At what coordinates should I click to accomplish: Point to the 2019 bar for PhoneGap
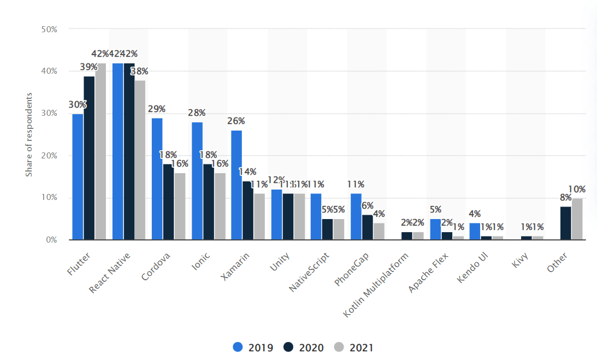click(356, 216)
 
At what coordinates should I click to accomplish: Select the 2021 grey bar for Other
click(577, 219)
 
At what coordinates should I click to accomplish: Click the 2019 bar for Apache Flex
click(435, 229)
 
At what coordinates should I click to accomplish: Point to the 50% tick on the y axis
click(49, 29)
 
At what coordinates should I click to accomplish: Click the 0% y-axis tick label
click(51, 240)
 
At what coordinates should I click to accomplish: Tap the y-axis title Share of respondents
click(29, 134)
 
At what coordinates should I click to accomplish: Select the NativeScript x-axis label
click(309, 271)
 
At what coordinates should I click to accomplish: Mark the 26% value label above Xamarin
click(237, 121)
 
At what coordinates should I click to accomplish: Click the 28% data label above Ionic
click(197, 113)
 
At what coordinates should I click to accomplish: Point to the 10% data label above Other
click(576, 189)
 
